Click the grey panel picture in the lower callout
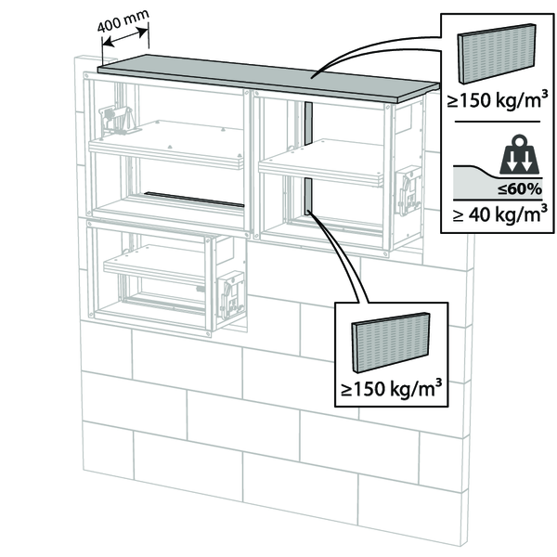[391, 341]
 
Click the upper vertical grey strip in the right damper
[305, 125]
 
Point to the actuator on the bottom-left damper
[228, 287]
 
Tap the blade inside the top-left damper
[167, 149]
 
